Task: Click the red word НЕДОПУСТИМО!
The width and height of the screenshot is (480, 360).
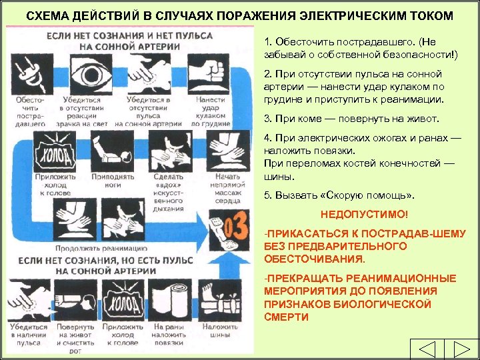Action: pos(363,216)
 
